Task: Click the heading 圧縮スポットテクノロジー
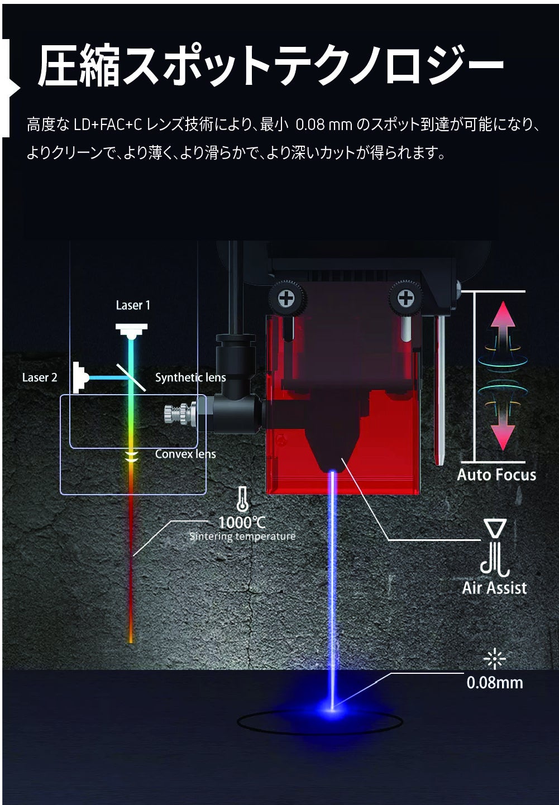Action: tap(270, 66)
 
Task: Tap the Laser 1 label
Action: tap(133, 305)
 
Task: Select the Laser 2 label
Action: tap(40, 377)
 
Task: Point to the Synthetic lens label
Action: tap(190, 377)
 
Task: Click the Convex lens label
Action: tap(185, 454)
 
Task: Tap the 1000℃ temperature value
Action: tap(242, 523)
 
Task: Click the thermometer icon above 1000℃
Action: tap(242, 499)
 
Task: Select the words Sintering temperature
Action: tap(242, 536)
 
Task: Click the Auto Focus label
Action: tap(496, 475)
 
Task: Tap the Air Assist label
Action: tap(495, 588)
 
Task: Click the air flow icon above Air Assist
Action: tap(495, 549)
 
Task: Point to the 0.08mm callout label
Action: tap(495, 682)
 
